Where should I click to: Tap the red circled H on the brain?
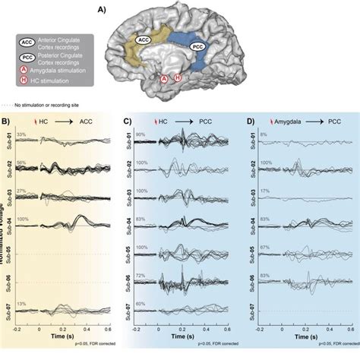pos(178,77)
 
